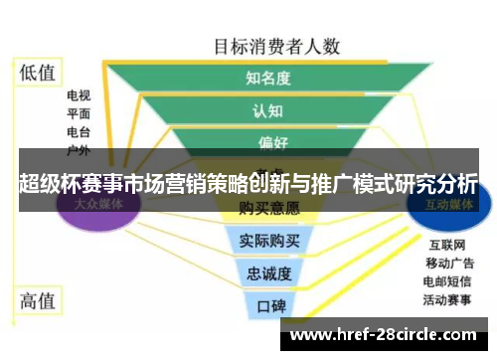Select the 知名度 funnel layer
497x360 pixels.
pyautogui.click(x=268, y=78)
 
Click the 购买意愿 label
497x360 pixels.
pyautogui.click(x=269, y=209)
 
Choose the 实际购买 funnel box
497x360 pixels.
pyautogui.click(x=269, y=241)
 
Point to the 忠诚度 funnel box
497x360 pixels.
pyautogui.click(x=269, y=272)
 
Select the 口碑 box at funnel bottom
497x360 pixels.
pyautogui.click(x=269, y=304)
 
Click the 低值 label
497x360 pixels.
pyautogui.click(x=39, y=72)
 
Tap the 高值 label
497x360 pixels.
pyautogui.click(x=39, y=299)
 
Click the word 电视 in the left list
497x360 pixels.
pyautogui.click(x=79, y=96)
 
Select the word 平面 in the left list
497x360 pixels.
pyautogui.click(x=79, y=114)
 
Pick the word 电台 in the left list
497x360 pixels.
pyautogui.click(x=79, y=132)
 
